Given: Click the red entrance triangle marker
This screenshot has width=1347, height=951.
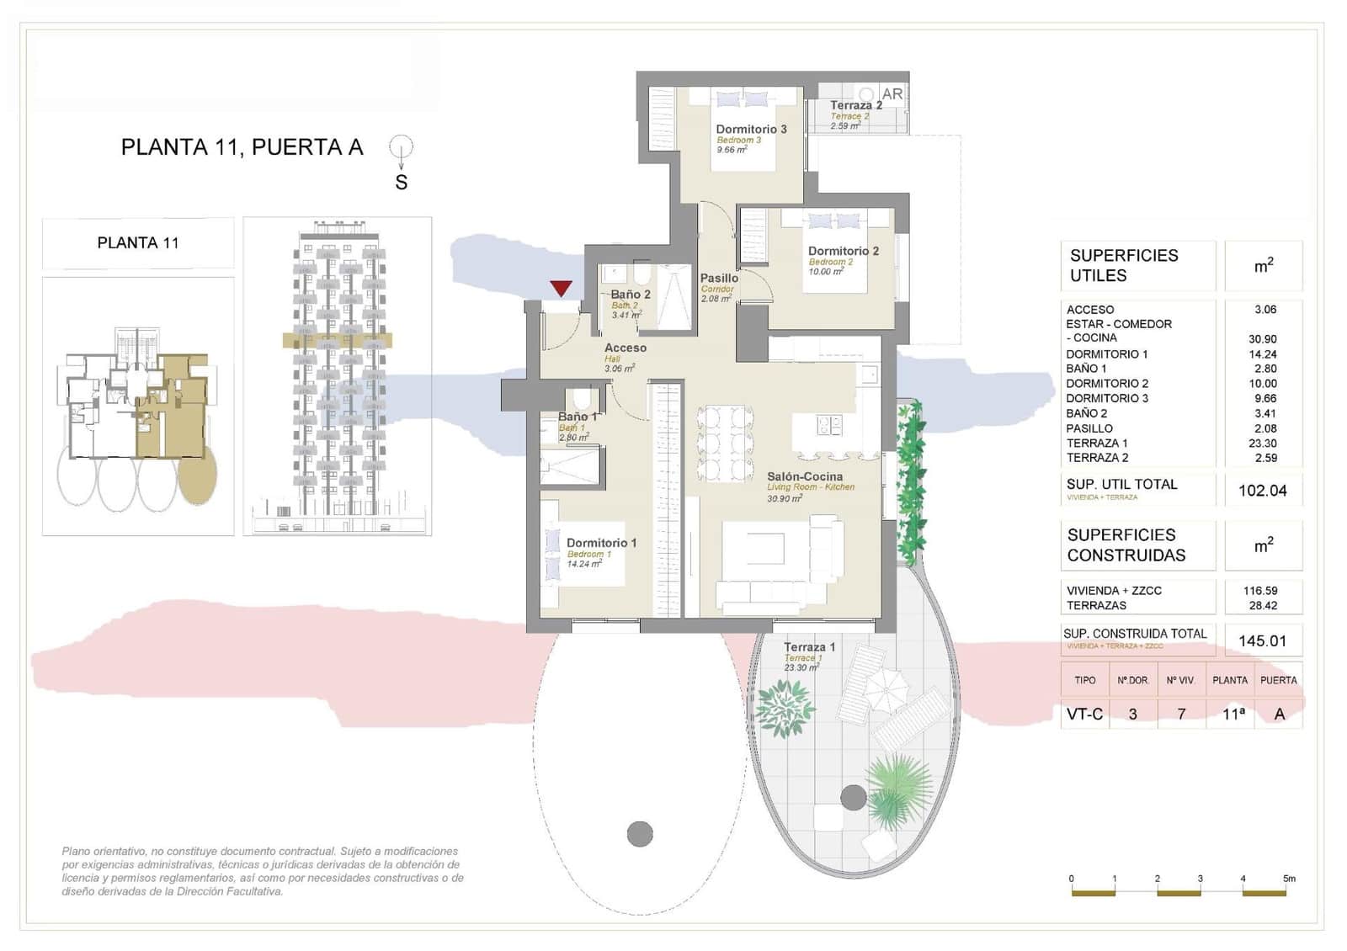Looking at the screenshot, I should pyautogui.click(x=562, y=289).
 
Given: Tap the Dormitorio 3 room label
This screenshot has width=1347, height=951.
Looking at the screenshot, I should pyautogui.click(x=751, y=129).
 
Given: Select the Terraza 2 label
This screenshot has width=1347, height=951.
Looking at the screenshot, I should pyautogui.click(x=855, y=105).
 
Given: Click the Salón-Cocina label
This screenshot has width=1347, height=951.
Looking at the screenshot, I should pyautogui.click(x=804, y=476).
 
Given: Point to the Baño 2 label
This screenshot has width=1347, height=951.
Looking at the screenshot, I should pyautogui.click(x=630, y=295).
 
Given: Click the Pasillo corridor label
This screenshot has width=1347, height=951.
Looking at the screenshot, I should pyautogui.click(x=719, y=278).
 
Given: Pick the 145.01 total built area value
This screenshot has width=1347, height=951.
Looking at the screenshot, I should pyautogui.click(x=1262, y=641).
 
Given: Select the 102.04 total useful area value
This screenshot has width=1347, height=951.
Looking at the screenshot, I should pyautogui.click(x=1262, y=491).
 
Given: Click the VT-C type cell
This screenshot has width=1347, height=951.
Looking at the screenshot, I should pyautogui.click(x=1084, y=714).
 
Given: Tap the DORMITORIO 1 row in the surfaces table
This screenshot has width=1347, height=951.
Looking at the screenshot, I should pyautogui.click(x=1106, y=354).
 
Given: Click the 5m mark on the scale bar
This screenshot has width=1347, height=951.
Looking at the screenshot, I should pyautogui.click(x=1288, y=879).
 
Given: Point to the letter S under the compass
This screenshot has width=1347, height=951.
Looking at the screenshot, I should pyautogui.click(x=402, y=182).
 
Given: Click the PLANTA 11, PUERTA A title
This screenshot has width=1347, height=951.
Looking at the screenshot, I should pyautogui.click(x=242, y=147).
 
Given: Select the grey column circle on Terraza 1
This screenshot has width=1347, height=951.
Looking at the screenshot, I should pyautogui.click(x=853, y=797).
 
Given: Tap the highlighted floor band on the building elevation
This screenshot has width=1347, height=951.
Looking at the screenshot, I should pyautogui.click(x=337, y=341).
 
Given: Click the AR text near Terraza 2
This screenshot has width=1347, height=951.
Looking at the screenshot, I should pyautogui.click(x=892, y=94).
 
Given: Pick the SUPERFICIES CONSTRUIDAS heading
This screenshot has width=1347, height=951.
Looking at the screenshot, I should pyautogui.click(x=1126, y=545).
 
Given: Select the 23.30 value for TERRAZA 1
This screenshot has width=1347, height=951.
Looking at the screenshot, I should pyautogui.click(x=1262, y=443).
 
